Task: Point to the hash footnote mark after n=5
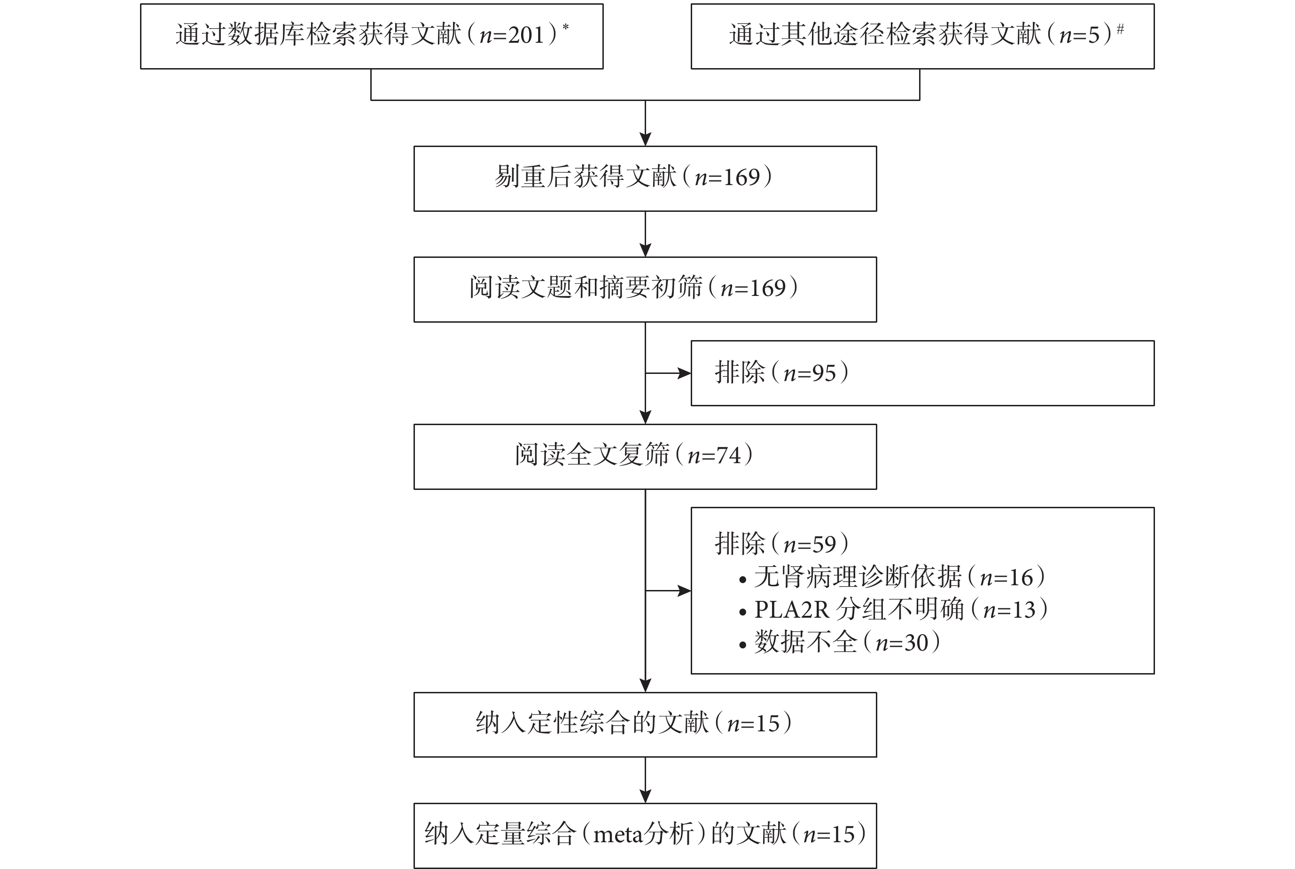(1120, 28)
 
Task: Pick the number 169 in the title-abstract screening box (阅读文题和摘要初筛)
(768, 288)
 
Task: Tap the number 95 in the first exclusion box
(824, 373)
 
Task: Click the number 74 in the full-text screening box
(729, 456)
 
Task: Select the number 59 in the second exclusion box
(824, 545)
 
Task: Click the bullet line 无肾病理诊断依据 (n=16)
(892, 577)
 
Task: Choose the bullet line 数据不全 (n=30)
(840, 642)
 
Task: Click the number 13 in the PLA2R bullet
(1024, 610)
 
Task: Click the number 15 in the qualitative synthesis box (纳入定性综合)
(768, 724)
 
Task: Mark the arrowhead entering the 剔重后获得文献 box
(645, 139)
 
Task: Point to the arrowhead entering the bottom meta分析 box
(645, 796)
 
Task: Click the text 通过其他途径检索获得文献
(885, 35)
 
